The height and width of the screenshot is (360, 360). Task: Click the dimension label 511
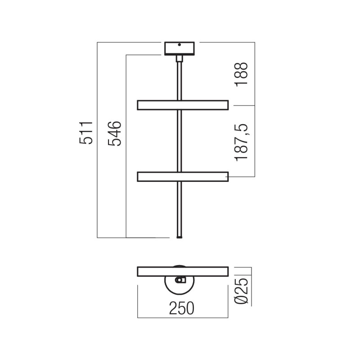tap(86, 133)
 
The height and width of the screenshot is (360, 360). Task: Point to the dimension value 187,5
tap(242, 140)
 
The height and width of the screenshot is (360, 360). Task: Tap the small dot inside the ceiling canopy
tap(180, 45)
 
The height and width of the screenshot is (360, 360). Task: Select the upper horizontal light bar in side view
tap(183, 105)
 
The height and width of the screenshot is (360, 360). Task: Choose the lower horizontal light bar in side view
tap(183, 176)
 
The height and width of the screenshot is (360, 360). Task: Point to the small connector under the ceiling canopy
tap(180, 58)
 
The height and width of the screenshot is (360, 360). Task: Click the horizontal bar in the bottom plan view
tap(183, 272)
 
